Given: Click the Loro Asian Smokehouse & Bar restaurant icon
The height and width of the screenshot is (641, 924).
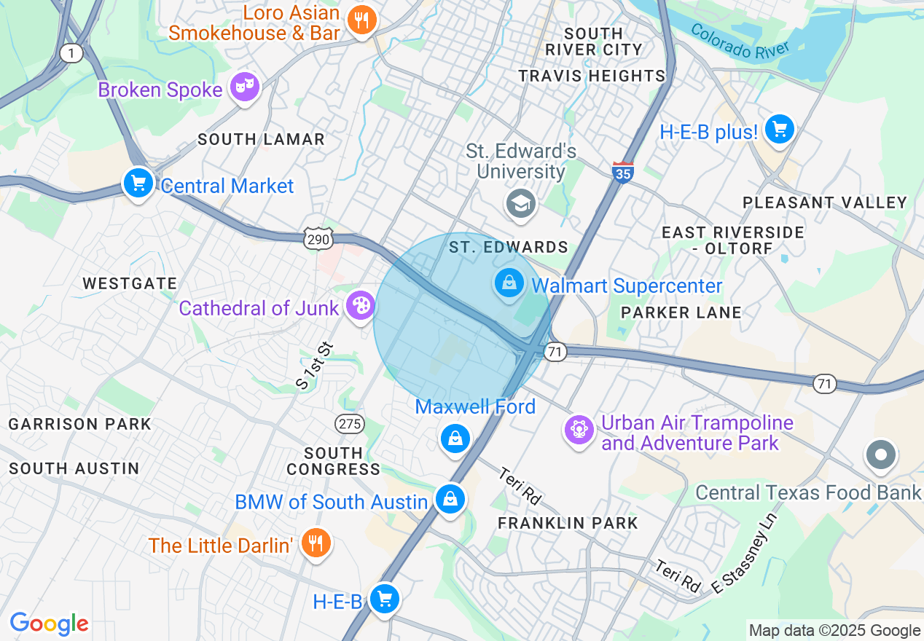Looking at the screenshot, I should click(x=361, y=21).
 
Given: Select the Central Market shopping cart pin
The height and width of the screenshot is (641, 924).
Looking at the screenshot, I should click(x=138, y=183).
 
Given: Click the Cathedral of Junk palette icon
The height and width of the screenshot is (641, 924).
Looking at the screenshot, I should click(x=359, y=306).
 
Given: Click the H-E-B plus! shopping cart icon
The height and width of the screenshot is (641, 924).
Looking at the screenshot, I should click(x=779, y=130).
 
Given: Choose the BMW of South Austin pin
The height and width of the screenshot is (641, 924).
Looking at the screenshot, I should click(x=450, y=500).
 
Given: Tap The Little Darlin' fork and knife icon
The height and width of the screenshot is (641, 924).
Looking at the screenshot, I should click(x=316, y=543).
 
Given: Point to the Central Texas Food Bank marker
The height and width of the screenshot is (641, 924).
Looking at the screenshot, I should click(x=880, y=455).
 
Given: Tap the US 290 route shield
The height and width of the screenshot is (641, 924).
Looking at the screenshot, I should click(x=319, y=238).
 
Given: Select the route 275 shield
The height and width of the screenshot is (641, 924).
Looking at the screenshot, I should click(x=349, y=423).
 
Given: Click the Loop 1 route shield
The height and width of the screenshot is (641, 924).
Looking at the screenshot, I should click(x=71, y=53).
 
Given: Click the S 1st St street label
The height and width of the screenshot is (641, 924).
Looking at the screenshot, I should click(x=314, y=365).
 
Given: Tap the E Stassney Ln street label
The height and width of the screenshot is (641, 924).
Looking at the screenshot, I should click(x=745, y=554).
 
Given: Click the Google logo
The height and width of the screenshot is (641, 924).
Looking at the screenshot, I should click(x=49, y=624).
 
